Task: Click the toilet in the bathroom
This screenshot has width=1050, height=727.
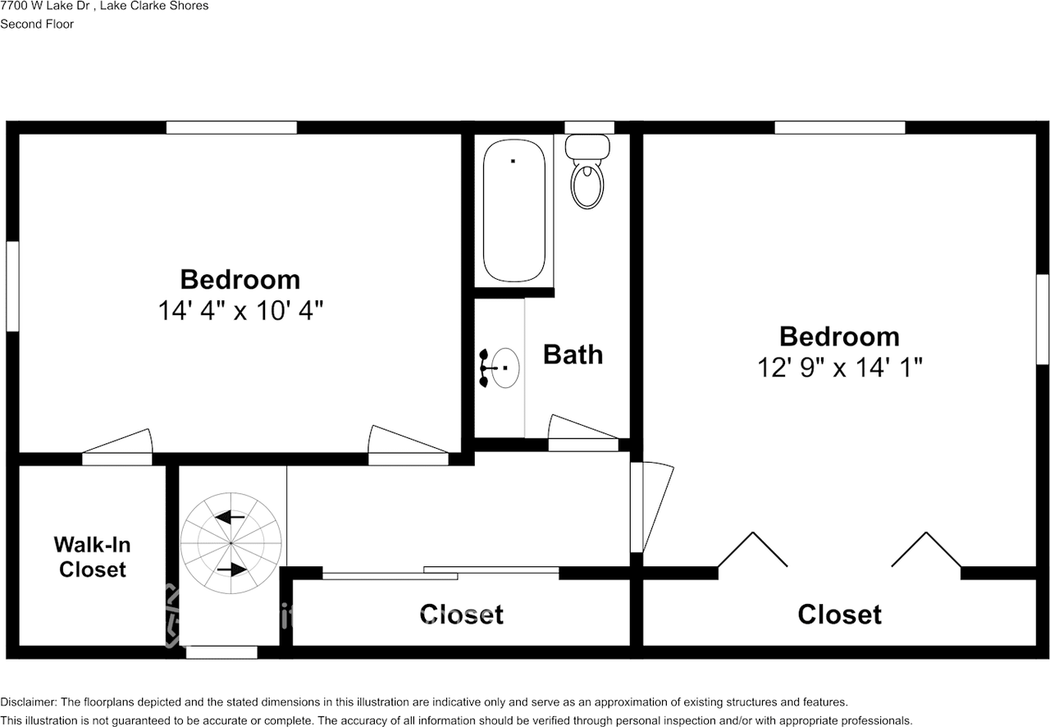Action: click(x=588, y=177)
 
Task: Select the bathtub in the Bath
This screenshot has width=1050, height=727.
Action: click(x=514, y=211)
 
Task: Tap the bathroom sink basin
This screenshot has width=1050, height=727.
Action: click(x=504, y=368)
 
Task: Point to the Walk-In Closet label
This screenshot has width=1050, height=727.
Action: click(x=92, y=557)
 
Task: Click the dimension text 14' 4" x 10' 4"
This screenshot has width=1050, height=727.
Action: click(x=240, y=311)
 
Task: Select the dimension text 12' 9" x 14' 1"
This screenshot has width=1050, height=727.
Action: click(x=839, y=367)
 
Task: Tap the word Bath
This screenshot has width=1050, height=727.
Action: click(x=573, y=354)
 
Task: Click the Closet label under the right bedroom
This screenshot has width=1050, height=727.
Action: click(x=839, y=614)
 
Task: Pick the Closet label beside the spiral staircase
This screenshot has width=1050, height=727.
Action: click(x=461, y=614)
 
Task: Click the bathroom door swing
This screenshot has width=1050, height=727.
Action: click(x=582, y=432)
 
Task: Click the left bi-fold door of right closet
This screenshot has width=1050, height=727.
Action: click(x=752, y=550)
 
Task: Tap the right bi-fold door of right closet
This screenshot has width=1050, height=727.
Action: click(x=926, y=550)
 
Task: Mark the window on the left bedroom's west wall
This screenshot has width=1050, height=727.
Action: click(x=12, y=286)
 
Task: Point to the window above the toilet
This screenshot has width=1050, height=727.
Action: click(x=589, y=127)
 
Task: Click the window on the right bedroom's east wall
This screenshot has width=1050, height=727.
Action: click(x=1042, y=318)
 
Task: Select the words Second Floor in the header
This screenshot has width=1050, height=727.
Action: click(x=37, y=24)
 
